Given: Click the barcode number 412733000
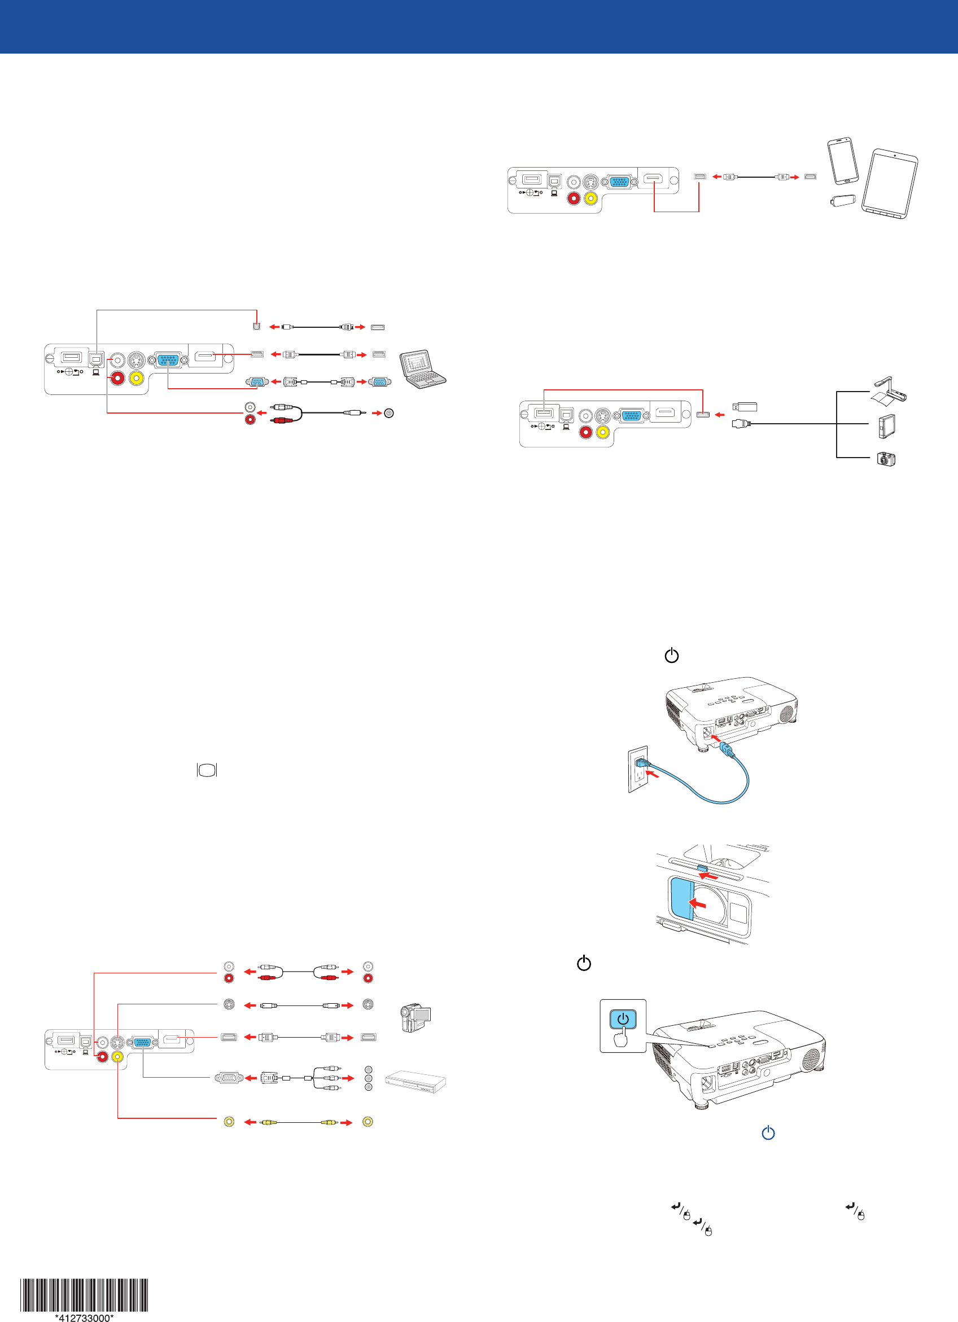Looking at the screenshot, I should (x=84, y=1317).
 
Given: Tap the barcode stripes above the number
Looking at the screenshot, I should (x=84, y=1294).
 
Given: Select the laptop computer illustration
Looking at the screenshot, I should (x=423, y=369).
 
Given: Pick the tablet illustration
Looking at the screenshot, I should (x=889, y=184).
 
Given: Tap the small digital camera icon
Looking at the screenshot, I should (x=886, y=459).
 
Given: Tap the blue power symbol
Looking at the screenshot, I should (x=768, y=1132).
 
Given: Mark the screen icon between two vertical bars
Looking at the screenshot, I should (x=207, y=770).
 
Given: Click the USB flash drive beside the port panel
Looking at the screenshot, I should (x=745, y=406).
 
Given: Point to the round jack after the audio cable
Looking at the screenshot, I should (x=389, y=413).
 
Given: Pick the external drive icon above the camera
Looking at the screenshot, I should (x=886, y=426).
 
